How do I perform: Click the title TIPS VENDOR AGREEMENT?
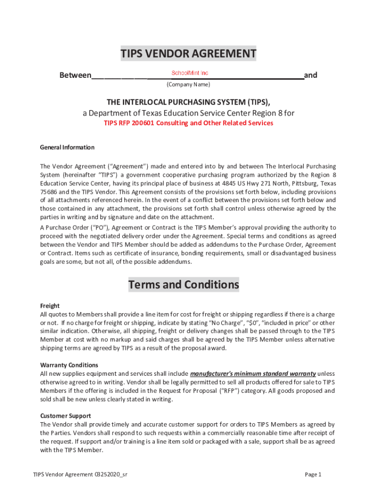coord(188,54)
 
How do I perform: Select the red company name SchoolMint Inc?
coord(190,73)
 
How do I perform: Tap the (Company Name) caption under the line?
coord(188,85)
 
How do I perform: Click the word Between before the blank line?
coord(75,75)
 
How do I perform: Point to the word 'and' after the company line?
coord(310,75)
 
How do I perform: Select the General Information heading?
coord(67,147)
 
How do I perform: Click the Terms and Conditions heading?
coord(184,285)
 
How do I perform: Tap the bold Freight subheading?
coord(49,306)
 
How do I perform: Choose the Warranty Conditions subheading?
coord(69,365)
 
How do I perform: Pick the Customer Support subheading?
coord(65,416)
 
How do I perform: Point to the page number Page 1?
coord(313,475)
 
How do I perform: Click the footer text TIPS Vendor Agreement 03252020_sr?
coord(81,475)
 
